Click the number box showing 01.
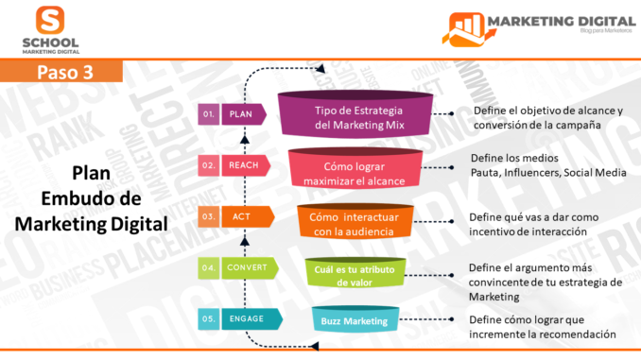(210, 114)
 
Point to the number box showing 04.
(210, 268)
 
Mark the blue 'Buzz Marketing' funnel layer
(355, 320)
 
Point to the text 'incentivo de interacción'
(528, 231)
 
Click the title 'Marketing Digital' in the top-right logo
(557, 20)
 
